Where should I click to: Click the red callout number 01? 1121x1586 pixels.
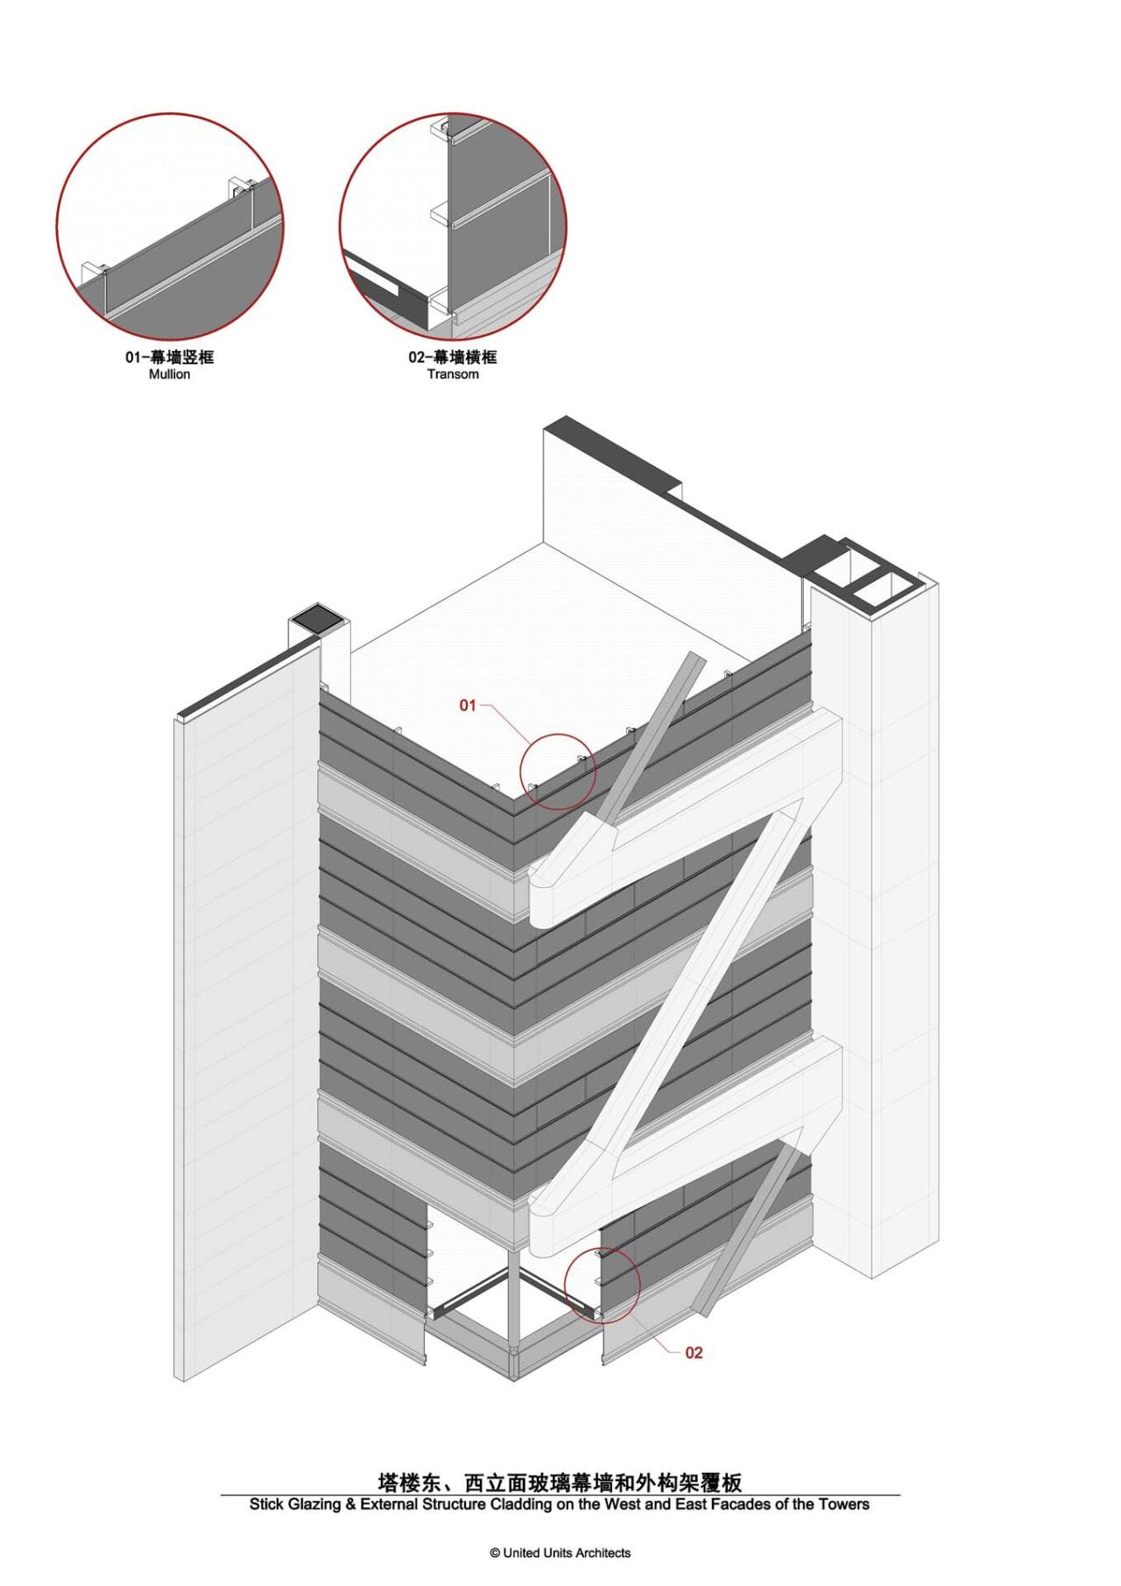click(x=468, y=705)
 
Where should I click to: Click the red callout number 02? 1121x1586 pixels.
click(x=694, y=1353)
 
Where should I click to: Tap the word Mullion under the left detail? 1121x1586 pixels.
click(x=169, y=375)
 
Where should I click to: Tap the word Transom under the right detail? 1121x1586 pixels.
click(x=453, y=375)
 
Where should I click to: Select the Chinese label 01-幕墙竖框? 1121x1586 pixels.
click(x=169, y=358)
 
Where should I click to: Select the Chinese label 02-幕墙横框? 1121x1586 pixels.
click(x=453, y=358)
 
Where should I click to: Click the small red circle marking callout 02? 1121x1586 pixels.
click(x=603, y=1286)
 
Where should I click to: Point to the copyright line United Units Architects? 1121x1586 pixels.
click(x=560, y=1553)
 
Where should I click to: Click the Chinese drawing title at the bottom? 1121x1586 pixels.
click(x=560, y=1483)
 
